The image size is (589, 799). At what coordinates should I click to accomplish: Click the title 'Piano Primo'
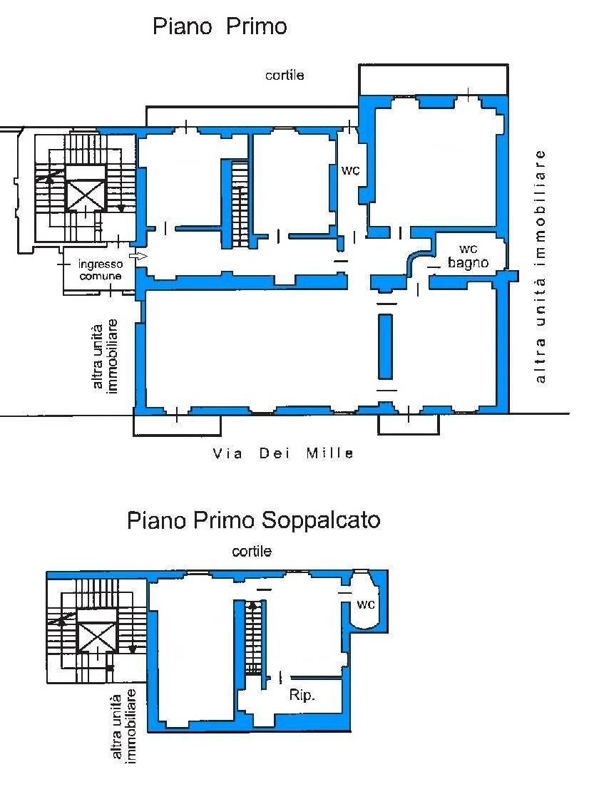pyautogui.click(x=220, y=27)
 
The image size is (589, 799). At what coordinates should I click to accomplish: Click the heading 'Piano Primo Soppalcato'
pyautogui.click(x=253, y=520)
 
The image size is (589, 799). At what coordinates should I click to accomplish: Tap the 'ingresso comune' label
pyautogui.click(x=100, y=270)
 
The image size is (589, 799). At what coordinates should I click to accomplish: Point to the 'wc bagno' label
pyautogui.click(x=468, y=256)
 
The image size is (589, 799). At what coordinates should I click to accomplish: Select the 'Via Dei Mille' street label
pyautogui.click(x=283, y=453)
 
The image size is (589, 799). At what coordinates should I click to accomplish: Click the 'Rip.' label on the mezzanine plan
pyautogui.click(x=302, y=696)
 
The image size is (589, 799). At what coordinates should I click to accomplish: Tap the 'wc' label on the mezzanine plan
pyautogui.click(x=366, y=605)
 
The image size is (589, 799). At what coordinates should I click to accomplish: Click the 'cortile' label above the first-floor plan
pyautogui.click(x=285, y=75)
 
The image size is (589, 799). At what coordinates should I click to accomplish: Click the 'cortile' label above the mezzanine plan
pyautogui.click(x=252, y=551)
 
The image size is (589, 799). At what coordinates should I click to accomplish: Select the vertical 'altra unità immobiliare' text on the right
pyautogui.click(x=541, y=266)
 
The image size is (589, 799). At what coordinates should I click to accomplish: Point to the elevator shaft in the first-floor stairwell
pyautogui.click(x=86, y=190)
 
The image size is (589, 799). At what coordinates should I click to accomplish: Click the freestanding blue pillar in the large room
pyautogui.click(x=385, y=346)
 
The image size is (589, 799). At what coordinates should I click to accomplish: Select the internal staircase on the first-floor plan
pyautogui.click(x=240, y=205)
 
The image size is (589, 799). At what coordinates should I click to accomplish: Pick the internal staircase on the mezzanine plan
pyautogui.click(x=253, y=638)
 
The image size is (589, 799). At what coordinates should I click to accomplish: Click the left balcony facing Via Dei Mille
pyautogui.click(x=177, y=426)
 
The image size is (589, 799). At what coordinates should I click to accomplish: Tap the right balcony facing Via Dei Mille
pyautogui.click(x=409, y=425)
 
